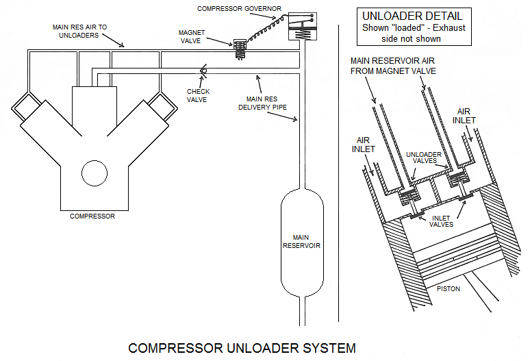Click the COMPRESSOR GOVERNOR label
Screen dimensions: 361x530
click(239, 8)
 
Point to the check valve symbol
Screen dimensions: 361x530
click(203, 71)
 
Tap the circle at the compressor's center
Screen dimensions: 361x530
click(94, 173)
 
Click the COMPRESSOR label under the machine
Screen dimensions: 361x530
click(92, 216)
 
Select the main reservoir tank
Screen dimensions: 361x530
click(301, 240)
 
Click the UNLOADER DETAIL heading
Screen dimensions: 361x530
click(413, 15)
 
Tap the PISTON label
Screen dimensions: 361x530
click(449, 288)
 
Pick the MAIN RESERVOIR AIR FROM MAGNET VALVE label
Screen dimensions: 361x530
click(393, 65)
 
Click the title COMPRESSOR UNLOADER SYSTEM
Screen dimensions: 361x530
click(242, 347)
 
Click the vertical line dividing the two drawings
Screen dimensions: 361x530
click(340, 171)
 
